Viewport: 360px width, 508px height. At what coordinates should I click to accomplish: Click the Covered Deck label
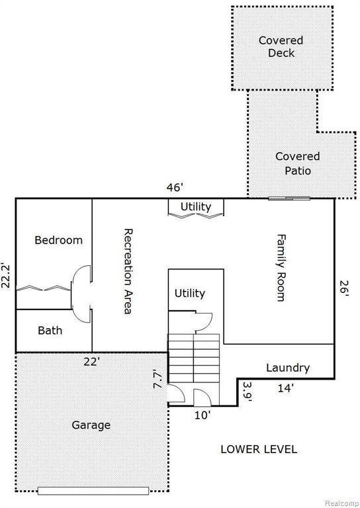pos(281,47)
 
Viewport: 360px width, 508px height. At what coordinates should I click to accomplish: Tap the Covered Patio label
pos(297,163)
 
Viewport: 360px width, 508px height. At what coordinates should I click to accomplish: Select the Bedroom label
pos(58,240)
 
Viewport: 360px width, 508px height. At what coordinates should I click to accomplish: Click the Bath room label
pos(50,330)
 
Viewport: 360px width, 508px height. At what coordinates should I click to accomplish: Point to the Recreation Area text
pos(128,271)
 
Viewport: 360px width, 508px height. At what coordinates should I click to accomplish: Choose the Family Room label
pos(281,268)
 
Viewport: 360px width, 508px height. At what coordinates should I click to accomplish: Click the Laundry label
pos(288,368)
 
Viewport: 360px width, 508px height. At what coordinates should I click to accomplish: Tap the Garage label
pos(91,425)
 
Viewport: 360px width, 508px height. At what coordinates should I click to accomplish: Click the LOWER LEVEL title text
pos(259,449)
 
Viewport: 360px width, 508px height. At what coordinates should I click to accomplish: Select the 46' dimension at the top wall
pos(175,187)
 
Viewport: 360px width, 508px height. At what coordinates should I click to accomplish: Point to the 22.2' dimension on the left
pos(6,276)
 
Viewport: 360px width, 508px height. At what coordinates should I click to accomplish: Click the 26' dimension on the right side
pos(344,286)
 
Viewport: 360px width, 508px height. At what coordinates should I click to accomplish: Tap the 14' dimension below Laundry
pos(285,388)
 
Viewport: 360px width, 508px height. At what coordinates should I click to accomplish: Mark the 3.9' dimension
pos(247,392)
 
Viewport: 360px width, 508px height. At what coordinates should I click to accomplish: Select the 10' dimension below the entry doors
pos(202,415)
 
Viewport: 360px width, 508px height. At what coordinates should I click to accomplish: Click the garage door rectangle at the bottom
pos(93,491)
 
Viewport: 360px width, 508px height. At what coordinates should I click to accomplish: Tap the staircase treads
pos(193,358)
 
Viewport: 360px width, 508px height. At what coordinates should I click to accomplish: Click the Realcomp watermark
pos(342,503)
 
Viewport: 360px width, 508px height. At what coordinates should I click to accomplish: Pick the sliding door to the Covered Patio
pos(289,198)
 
